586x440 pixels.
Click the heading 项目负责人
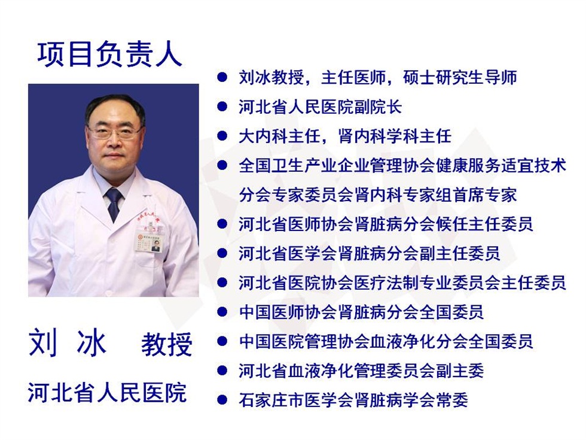(109, 54)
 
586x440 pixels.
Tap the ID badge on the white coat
(149, 242)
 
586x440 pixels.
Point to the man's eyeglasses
(114, 132)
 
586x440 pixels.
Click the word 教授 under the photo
(167, 344)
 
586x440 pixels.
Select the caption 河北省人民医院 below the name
(107, 393)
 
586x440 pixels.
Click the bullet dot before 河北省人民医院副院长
(222, 107)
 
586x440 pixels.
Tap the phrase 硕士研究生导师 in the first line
(460, 78)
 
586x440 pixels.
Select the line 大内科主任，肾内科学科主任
(345, 136)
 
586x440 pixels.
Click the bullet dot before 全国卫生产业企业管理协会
(222, 165)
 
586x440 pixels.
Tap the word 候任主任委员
(484, 224)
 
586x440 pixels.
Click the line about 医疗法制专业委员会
(402, 283)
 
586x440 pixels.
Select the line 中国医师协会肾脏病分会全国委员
(361, 312)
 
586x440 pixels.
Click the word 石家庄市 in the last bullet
(271, 400)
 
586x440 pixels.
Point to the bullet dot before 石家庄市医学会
(222, 400)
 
